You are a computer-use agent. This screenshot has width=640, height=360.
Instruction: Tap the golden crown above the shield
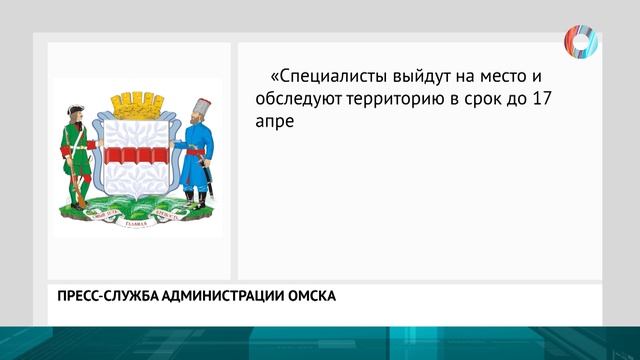coord(137,104)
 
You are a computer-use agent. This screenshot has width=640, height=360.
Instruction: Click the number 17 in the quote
coord(571,99)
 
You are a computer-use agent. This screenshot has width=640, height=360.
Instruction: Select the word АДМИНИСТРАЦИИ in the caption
coord(228,296)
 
